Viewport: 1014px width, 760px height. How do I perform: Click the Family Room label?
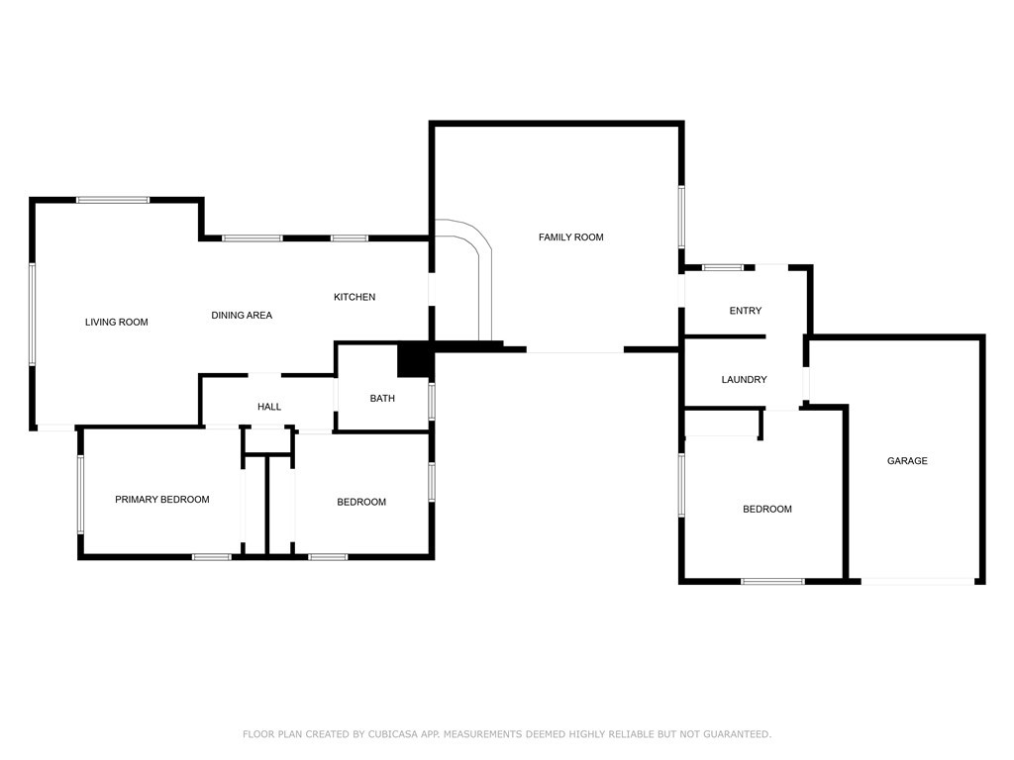click(x=571, y=237)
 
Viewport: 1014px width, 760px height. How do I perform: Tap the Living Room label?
click(x=117, y=322)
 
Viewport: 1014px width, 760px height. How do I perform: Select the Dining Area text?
click(x=242, y=316)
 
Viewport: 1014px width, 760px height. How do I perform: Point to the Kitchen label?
click(x=355, y=297)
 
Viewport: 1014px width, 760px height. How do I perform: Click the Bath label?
click(x=382, y=398)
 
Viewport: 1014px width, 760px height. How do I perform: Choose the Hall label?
click(x=269, y=407)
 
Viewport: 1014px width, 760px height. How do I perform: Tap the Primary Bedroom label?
click(x=162, y=500)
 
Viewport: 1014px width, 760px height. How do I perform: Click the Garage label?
click(x=907, y=461)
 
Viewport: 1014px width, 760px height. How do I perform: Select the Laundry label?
click(x=745, y=379)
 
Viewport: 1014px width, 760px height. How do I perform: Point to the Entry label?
click(x=746, y=311)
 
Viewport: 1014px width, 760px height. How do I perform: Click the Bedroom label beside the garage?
click(x=767, y=510)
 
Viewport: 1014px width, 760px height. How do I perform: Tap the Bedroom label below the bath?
click(x=361, y=502)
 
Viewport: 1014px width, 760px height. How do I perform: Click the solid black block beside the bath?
click(x=414, y=359)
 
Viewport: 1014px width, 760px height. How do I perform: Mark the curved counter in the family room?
click(x=483, y=258)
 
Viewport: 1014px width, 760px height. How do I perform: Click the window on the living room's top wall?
click(x=113, y=200)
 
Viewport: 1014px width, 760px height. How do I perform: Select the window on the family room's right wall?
click(x=681, y=217)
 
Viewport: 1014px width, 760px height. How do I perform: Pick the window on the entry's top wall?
click(x=723, y=267)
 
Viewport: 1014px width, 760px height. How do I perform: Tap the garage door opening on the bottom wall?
click(x=918, y=582)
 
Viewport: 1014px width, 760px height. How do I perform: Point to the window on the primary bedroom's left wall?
click(x=81, y=495)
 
